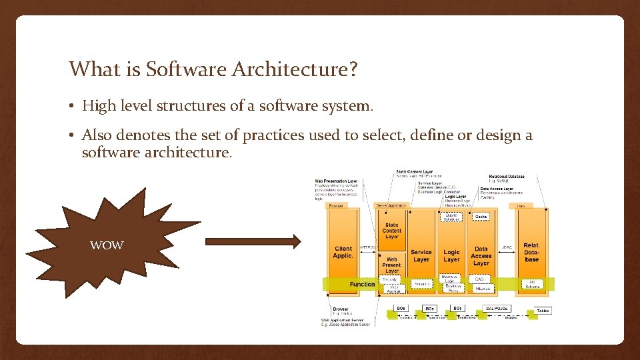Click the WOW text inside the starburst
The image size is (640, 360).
(x=107, y=245)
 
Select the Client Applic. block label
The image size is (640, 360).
(x=343, y=252)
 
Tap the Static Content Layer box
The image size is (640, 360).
(x=392, y=231)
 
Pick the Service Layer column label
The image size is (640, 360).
(x=421, y=256)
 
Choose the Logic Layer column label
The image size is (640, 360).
(x=452, y=256)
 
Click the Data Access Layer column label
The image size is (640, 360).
(x=481, y=256)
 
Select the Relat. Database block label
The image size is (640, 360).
(x=531, y=252)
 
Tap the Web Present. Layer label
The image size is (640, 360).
(x=392, y=265)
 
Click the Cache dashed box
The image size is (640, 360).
(x=481, y=217)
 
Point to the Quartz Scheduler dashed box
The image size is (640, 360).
(x=452, y=217)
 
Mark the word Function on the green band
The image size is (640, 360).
(x=362, y=284)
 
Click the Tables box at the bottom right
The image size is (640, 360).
(x=543, y=311)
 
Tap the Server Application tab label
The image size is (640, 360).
(x=391, y=206)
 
